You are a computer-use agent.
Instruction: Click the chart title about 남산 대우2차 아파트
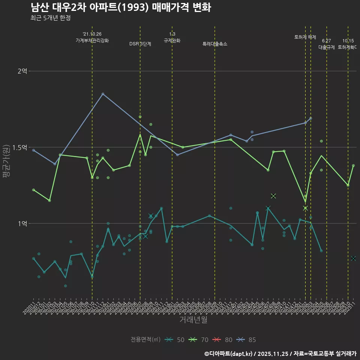point(120,7)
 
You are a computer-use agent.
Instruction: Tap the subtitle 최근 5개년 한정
point(51,18)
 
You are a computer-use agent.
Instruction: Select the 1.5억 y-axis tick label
point(19,147)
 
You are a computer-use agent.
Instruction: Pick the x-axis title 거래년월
point(193,320)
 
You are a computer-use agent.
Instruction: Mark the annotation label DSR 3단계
point(140,44)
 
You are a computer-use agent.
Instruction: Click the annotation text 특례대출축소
point(215,44)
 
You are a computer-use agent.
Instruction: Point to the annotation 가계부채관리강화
point(92,40)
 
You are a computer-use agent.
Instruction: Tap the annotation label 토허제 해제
point(305,37)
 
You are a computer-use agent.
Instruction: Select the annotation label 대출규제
point(327,47)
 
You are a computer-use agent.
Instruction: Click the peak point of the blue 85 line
point(103,94)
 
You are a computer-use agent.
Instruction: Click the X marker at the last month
point(353,258)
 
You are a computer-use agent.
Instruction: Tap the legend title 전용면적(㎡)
point(145,340)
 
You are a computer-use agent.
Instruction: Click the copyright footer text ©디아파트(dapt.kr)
point(229,353)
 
